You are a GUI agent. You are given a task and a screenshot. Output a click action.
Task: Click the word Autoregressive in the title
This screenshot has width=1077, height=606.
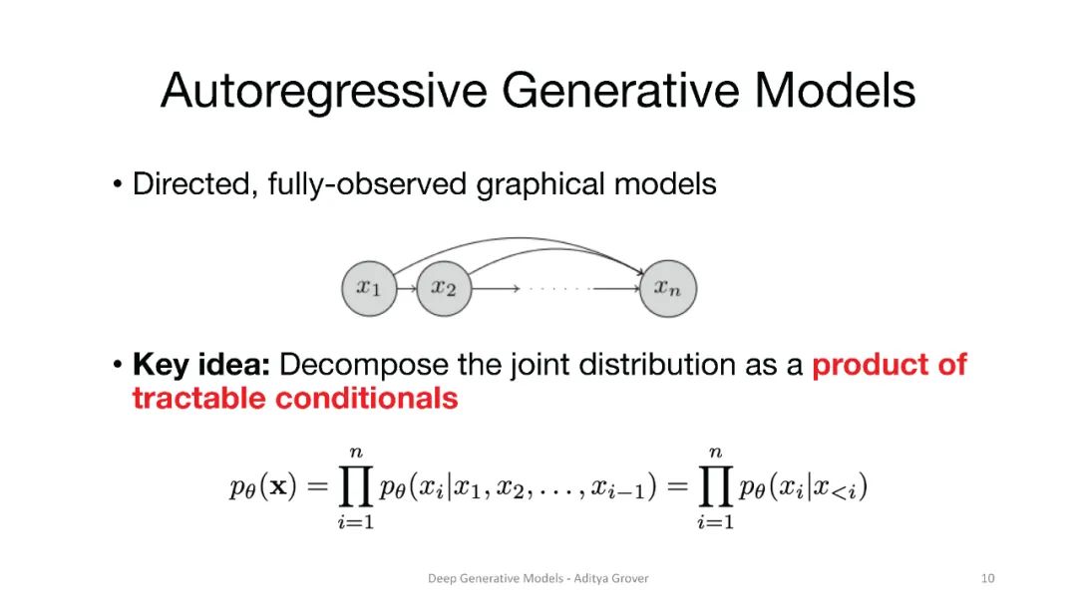pos(323,91)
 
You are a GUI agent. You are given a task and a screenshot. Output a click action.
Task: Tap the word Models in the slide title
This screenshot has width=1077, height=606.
pos(835,91)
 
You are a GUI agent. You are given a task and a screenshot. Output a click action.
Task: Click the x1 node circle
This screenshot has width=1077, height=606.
pos(368,289)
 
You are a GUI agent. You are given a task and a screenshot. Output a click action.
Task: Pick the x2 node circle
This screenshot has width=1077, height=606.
pos(443,289)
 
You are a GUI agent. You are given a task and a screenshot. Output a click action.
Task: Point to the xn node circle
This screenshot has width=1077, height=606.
pos(667,289)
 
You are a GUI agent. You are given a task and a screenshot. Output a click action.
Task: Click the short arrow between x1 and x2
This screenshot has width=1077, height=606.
pos(406,290)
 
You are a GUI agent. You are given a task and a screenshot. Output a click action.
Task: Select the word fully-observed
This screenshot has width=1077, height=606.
pos(368,184)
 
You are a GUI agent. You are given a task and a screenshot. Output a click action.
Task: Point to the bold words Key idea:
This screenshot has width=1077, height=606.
pos(200,365)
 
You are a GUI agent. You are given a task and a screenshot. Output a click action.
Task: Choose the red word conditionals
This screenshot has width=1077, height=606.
pos(367,399)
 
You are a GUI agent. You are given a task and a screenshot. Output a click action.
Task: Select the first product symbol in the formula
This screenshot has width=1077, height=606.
pos(354,488)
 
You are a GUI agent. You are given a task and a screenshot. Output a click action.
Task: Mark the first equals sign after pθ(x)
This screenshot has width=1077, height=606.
pos(316,488)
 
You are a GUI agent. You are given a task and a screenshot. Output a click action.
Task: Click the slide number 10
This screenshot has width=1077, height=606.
pos(988,578)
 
